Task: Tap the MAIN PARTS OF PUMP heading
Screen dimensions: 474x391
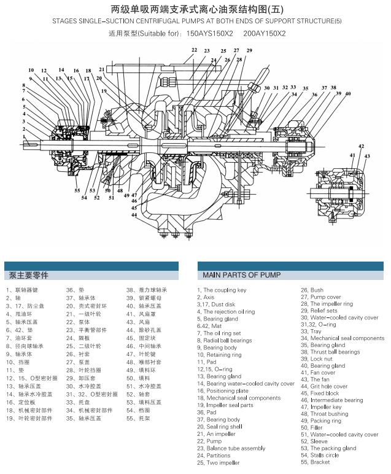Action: click(241, 275)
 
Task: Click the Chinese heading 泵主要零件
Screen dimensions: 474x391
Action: click(28, 275)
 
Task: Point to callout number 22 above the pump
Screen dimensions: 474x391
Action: click(194, 50)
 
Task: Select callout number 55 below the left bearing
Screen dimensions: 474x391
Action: click(77, 191)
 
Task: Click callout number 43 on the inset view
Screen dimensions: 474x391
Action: click(367, 157)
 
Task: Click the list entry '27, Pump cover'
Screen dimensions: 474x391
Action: click(320, 297)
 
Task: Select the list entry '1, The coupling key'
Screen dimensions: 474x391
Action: click(222, 290)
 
